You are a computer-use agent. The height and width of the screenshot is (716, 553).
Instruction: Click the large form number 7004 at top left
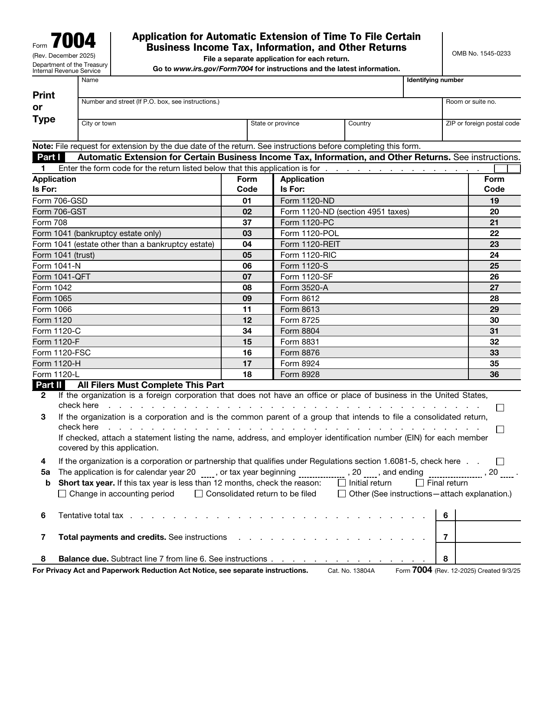pos(73,41)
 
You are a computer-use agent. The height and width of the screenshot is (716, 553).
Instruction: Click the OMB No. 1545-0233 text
pos(481,54)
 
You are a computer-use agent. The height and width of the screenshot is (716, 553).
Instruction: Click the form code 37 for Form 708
pos(247,223)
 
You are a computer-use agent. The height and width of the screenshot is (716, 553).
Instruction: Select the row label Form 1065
pos(52,299)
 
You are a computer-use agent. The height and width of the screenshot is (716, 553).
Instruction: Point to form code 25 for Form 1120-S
pos(494,266)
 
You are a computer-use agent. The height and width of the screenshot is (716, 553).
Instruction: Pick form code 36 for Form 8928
pos(494,374)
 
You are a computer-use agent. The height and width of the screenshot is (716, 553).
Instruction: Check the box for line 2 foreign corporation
pos(500,408)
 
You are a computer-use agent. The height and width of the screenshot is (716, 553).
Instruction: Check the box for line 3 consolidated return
pos(500,430)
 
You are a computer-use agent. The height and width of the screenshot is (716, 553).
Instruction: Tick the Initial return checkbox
pos(342,483)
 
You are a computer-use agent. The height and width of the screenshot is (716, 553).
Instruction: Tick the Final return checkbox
pos(420,483)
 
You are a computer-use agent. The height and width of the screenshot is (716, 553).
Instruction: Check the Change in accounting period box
pos(62,494)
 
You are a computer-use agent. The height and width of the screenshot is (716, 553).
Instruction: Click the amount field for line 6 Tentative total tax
pos(488,515)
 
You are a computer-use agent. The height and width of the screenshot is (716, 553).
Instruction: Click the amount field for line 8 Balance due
pos(488,558)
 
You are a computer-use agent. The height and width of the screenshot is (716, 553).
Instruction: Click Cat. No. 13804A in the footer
pos(351,571)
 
